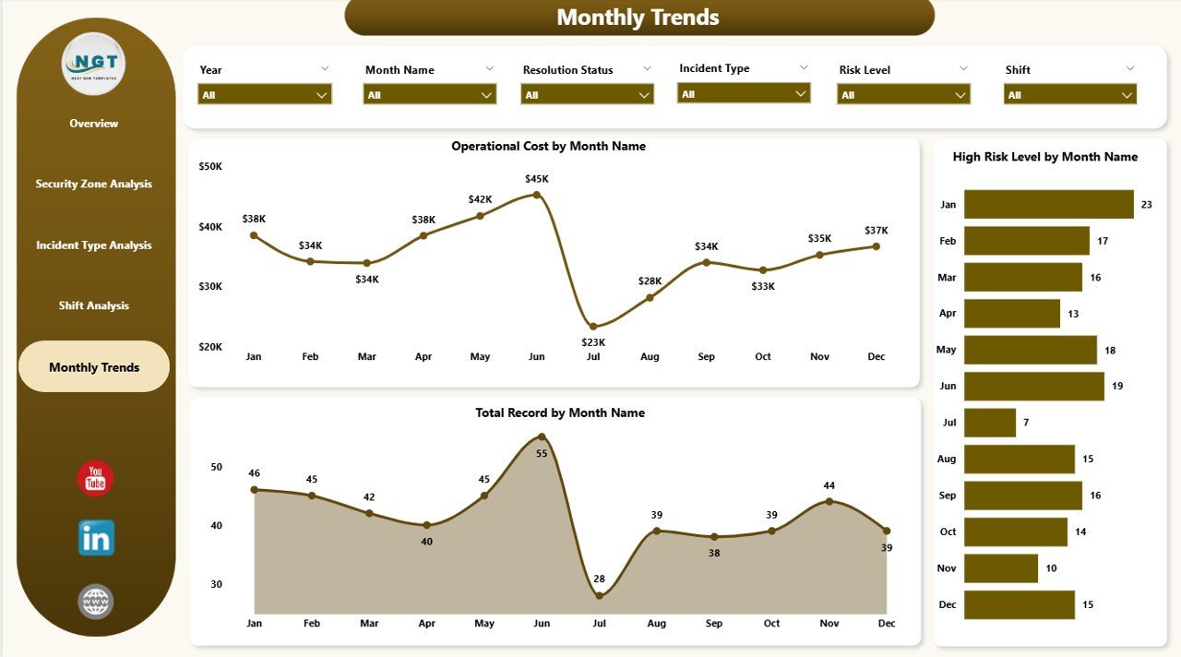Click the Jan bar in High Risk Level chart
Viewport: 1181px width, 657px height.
tap(1048, 204)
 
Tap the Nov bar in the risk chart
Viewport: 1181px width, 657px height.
tap(1000, 568)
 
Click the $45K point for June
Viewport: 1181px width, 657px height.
tap(537, 195)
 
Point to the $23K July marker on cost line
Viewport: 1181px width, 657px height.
tap(593, 327)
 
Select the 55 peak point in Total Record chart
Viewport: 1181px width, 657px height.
tap(542, 437)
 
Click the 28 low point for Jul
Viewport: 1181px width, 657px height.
tap(599, 596)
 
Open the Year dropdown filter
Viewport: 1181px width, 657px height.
tap(264, 94)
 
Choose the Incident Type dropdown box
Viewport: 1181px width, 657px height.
tap(743, 93)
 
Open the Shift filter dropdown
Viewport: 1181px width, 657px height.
tap(1069, 94)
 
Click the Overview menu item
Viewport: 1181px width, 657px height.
tap(94, 124)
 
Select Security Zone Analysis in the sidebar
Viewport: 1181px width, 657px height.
tap(94, 184)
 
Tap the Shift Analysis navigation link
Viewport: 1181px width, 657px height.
tap(94, 305)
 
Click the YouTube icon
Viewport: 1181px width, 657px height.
tap(95, 478)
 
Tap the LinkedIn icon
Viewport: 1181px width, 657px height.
tap(96, 537)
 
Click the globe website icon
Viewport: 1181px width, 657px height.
tap(96, 602)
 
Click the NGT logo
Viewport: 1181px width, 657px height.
tap(94, 64)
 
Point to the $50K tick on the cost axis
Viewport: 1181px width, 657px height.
tap(210, 166)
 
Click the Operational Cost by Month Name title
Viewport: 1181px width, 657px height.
tap(548, 146)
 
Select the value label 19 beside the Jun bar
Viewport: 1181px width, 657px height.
tap(1117, 386)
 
